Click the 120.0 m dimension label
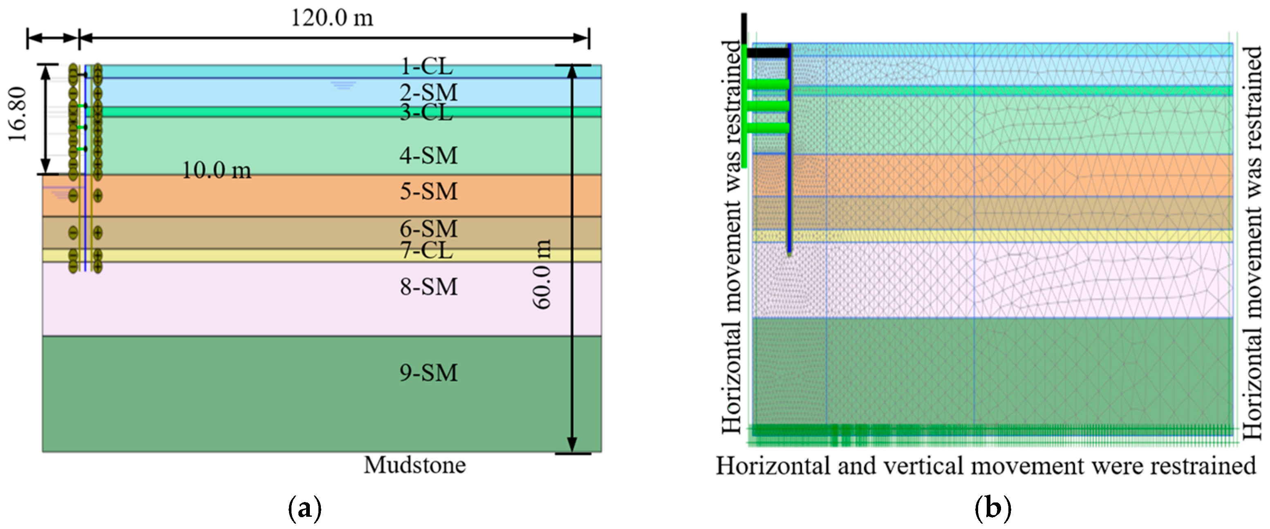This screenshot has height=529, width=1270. tap(332, 18)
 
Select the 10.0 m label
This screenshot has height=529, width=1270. tap(216, 170)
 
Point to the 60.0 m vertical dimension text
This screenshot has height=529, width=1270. tap(542, 275)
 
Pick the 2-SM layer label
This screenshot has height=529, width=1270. tap(428, 93)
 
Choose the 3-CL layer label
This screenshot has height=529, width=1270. tap(426, 113)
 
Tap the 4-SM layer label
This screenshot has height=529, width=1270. tap(428, 156)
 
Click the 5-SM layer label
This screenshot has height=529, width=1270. tap(428, 191)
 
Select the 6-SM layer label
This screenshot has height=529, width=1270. tap(428, 228)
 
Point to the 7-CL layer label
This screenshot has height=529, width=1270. tap(426, 250)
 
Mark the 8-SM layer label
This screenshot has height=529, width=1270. tap(428, 287)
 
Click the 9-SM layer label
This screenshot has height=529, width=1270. tap(428, 373)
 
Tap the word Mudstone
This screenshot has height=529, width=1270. tap(414, 465)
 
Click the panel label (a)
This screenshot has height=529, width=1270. tap(304, 508)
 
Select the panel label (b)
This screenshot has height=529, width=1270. tap(993, 508)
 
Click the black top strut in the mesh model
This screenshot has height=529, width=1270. tap(767, 52)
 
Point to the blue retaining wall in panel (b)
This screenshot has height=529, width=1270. tap(789, 148)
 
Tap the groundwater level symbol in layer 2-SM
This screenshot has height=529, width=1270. tap(344, 86)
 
